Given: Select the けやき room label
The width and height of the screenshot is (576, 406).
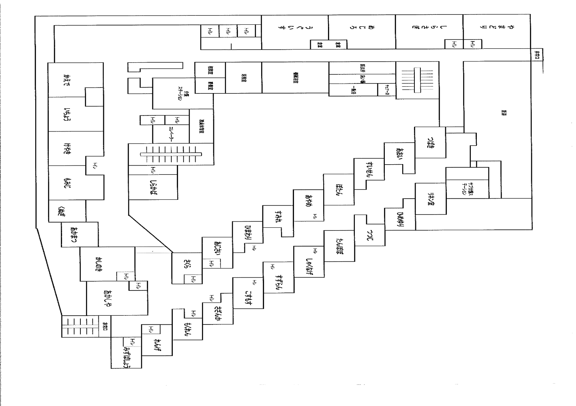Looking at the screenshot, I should [x=67, y=148].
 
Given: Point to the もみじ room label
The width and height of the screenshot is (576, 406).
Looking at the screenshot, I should [x=67, y=183].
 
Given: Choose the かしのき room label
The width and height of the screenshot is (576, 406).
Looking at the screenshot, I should [x=98, y=264].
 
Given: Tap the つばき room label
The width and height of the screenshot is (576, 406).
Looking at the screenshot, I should [x=430, y=143].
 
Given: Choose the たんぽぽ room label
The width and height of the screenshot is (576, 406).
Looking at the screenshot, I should [x=339, y=245].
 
